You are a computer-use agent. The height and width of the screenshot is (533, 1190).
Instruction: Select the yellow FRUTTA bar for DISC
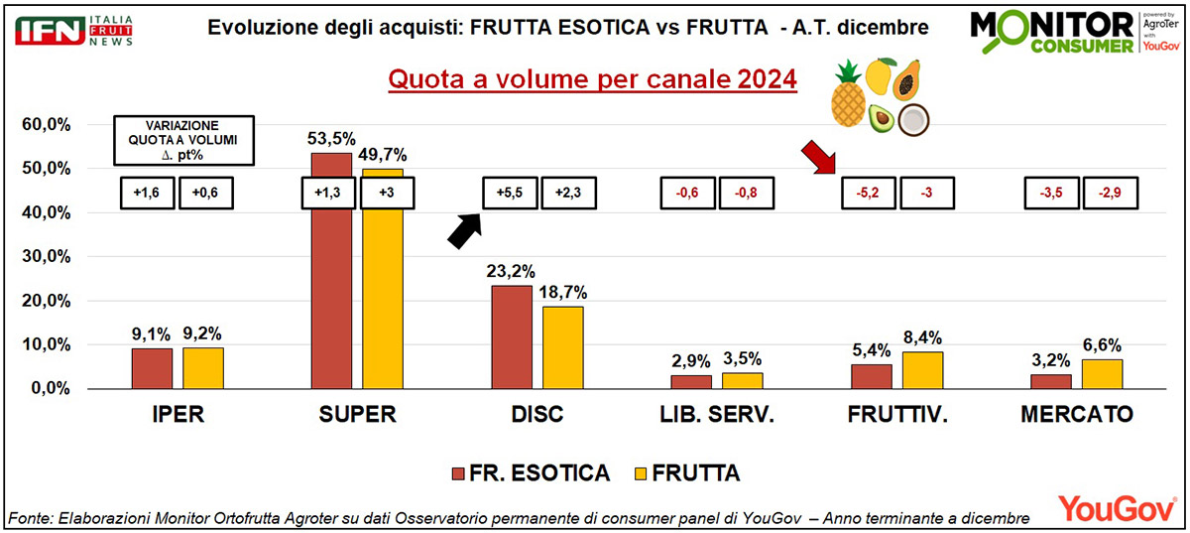pyautogui.click(x=563, y=347)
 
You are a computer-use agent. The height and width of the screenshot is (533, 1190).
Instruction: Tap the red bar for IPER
pyautogui.click(x=152, y=368)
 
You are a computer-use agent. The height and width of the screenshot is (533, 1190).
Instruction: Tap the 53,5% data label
pyautogui.click(x=331, y=138)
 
